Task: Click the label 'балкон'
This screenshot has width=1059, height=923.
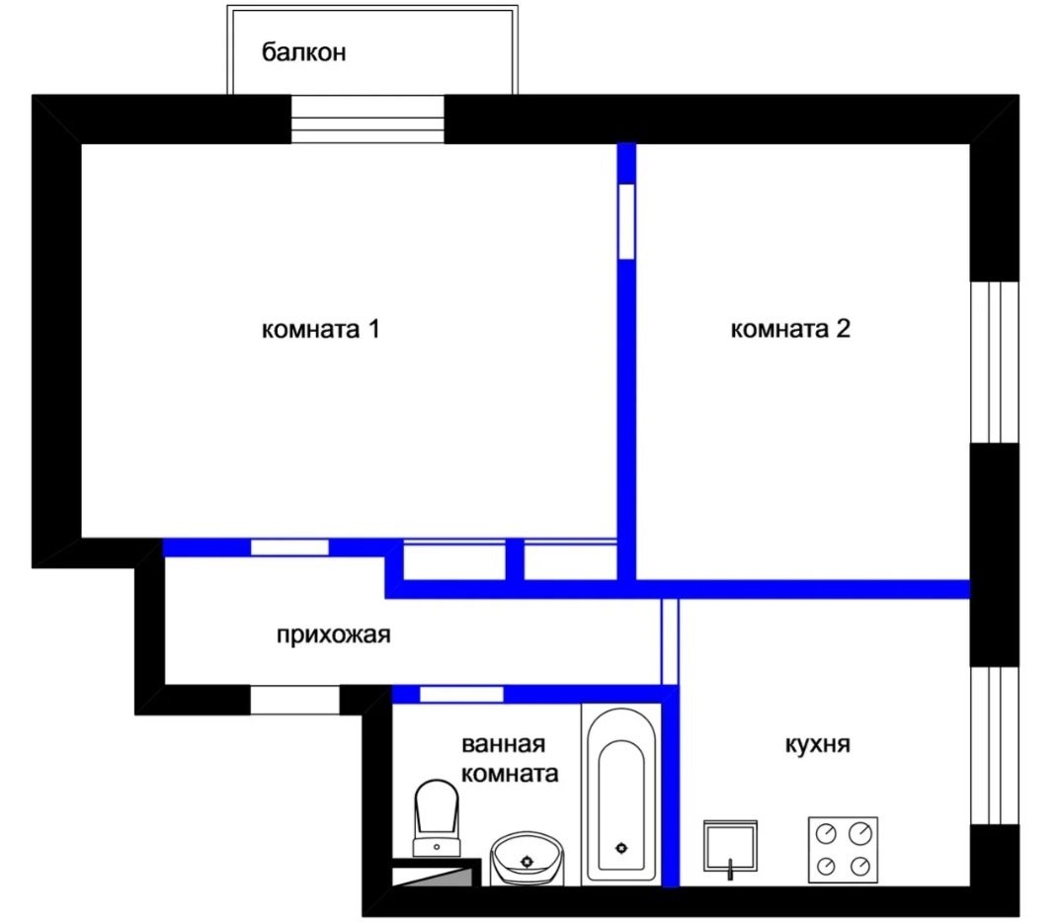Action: pyautogui.click(x=304, y=52)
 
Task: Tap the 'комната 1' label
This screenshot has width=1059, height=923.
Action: pyautogui.click(x=321, y=329)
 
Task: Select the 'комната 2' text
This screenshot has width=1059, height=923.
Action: pyautogui.click(x=790, y=328)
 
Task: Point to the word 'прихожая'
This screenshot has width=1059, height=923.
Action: pyautogui.click(x=334, y=635)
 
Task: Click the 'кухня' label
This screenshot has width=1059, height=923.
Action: pyautogui.click(x=817, y=744)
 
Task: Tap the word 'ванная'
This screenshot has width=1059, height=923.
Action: pyautogui.click(x=503, y=744)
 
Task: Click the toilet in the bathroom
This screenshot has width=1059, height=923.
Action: pyautogui.click(x=437, y=817)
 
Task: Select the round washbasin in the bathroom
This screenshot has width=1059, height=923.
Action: pyautogui.click(x=527, y=858)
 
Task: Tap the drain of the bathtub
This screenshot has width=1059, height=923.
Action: pyautogui.click(x=621, y=847)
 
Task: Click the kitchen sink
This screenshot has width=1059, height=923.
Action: pyautogui.click(x=730, y=846)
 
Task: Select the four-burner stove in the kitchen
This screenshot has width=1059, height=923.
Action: pyautogui.click(x=843, y=849)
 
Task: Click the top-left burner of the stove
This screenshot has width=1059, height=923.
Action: pyautogui.click(x=826, y=833)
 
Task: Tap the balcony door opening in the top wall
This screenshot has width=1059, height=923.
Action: pyautogui.click(x=367, y=119)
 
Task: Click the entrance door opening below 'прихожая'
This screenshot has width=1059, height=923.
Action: pyautogui.click(x=294, y=700)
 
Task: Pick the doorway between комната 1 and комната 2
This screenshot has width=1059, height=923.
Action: pyautogui.click(x=626, y=221)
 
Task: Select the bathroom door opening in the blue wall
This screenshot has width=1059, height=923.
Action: pyautogui.click(x=461, y=694)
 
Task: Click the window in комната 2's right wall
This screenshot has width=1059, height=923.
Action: pyautogui.click(x=994, y=362)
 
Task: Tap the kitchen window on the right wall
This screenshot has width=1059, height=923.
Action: pyautogui.click(x=994, y=745)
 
